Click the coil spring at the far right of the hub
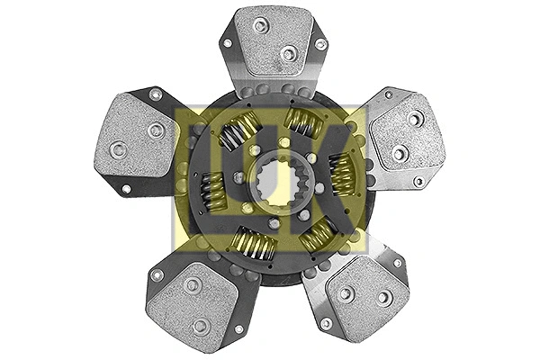click(340, 173)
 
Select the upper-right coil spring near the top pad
click(302, 124)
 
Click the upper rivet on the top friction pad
click(261, 25)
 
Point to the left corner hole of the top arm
click(227, 42)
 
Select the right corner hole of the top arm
click(320, 43)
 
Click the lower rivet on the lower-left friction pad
click(201, 326)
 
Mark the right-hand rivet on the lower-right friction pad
click(384, 297)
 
